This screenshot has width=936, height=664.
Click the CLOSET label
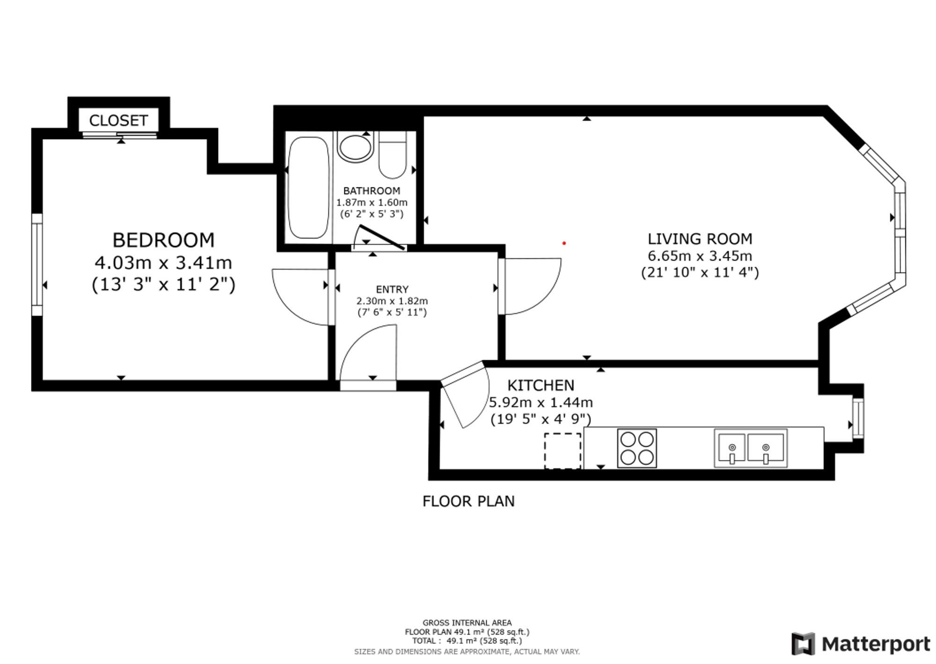coord(118,121)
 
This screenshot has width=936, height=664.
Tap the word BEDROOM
coord(163,240)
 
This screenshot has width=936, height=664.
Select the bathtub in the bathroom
coord(308,188)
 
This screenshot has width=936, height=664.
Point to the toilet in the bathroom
coord(393,155)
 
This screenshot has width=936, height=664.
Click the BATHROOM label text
coord(372,191)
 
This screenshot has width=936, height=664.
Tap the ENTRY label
coord(392,290)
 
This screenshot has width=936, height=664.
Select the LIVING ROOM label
coord(700,239)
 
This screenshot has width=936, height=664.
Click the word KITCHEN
coord(541,386)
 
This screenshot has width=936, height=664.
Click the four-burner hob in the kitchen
coord(637,448)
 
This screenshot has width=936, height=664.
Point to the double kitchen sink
coord(751,448)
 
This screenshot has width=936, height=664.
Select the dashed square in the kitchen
coord(563,451)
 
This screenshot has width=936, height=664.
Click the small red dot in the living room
coord(564,243)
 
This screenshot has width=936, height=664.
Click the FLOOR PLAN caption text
coord(468,501)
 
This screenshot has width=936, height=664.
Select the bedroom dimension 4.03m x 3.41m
coord(163,263)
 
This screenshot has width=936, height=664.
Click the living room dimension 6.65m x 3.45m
coord(700,256)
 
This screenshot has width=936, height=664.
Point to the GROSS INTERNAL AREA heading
coord(467,623)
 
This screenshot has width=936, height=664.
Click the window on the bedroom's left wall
coord(37,265)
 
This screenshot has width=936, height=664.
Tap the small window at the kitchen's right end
coord(858,418)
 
